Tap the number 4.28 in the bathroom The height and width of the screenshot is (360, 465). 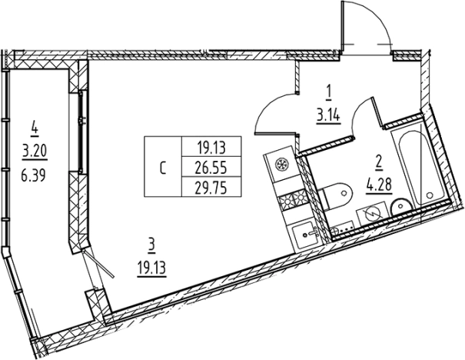click(x=378, y=184)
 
